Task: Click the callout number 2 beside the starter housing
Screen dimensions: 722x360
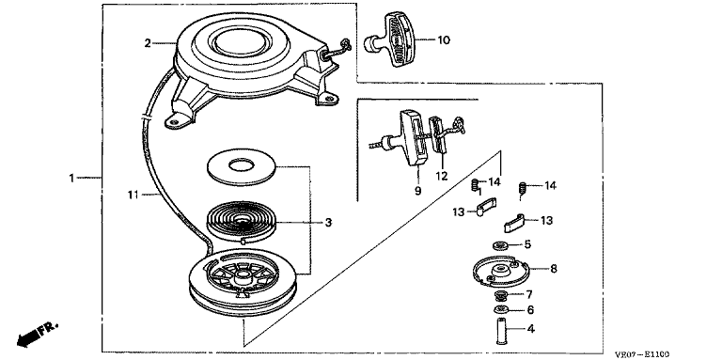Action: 148,43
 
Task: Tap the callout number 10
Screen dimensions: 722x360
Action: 444,40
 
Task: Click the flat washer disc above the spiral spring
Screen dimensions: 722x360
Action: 242,166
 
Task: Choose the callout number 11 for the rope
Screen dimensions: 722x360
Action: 133,196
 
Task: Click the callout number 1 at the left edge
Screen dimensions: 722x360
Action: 71,178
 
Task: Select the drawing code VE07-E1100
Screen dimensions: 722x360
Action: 642,354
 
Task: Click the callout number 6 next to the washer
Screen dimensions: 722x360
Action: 530,310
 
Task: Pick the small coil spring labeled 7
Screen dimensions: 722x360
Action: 499,294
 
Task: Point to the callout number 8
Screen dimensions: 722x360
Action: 554,269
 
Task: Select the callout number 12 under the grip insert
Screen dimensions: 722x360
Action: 442,177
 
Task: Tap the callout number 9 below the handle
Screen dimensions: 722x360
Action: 417,191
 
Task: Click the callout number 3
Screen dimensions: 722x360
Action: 328,223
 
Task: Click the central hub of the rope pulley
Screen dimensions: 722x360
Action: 243,277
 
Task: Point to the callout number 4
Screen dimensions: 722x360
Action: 530,329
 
